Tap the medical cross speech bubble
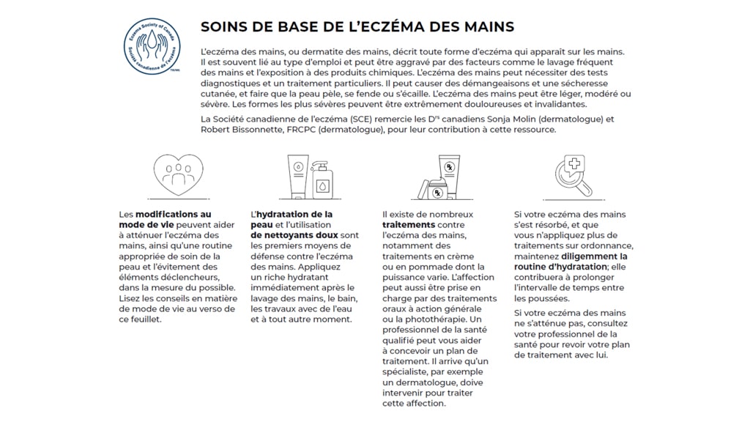coord(574,165)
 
